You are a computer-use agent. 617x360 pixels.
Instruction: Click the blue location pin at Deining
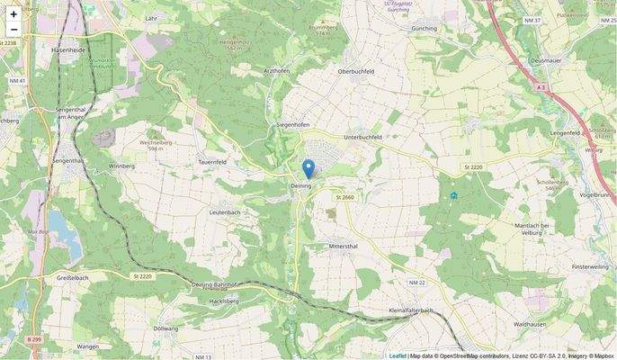(308, 168)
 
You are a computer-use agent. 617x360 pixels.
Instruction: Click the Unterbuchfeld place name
(363, 137)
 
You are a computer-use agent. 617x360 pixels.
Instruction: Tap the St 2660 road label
(344, 197)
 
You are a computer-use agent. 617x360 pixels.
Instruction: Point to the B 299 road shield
(34, 338)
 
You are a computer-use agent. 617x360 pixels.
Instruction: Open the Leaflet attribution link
(398, 355)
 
